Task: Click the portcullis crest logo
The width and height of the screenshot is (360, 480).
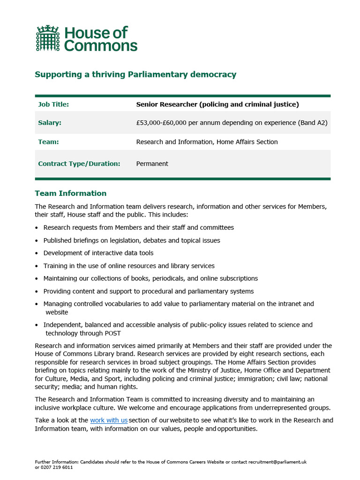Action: pos(48,38)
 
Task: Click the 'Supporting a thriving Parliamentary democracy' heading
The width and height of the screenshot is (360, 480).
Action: pos(135,75)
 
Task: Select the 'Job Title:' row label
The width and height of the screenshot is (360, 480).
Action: pos(53,105)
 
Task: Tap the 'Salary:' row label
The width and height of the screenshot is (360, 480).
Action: pos(50,123)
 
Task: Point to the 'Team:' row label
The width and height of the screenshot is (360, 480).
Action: pos(48,142)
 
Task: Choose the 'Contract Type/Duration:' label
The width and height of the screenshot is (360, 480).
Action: pos(79,164)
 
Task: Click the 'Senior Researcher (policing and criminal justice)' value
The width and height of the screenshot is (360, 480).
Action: pos(217,105)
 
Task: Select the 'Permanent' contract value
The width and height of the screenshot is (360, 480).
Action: pos(152,164)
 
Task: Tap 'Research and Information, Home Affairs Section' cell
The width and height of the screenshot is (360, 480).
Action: pos(207,142)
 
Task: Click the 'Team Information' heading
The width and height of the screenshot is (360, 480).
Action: pos(71,193)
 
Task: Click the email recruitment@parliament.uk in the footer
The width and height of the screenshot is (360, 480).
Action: pos(277,462)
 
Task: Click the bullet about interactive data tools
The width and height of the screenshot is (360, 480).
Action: pos(98,253)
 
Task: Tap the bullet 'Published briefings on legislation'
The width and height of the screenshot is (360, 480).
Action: pos(132,240)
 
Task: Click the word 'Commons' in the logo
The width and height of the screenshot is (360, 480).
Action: pos(101,45)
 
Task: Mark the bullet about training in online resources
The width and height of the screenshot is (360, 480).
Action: pos(129,266)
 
